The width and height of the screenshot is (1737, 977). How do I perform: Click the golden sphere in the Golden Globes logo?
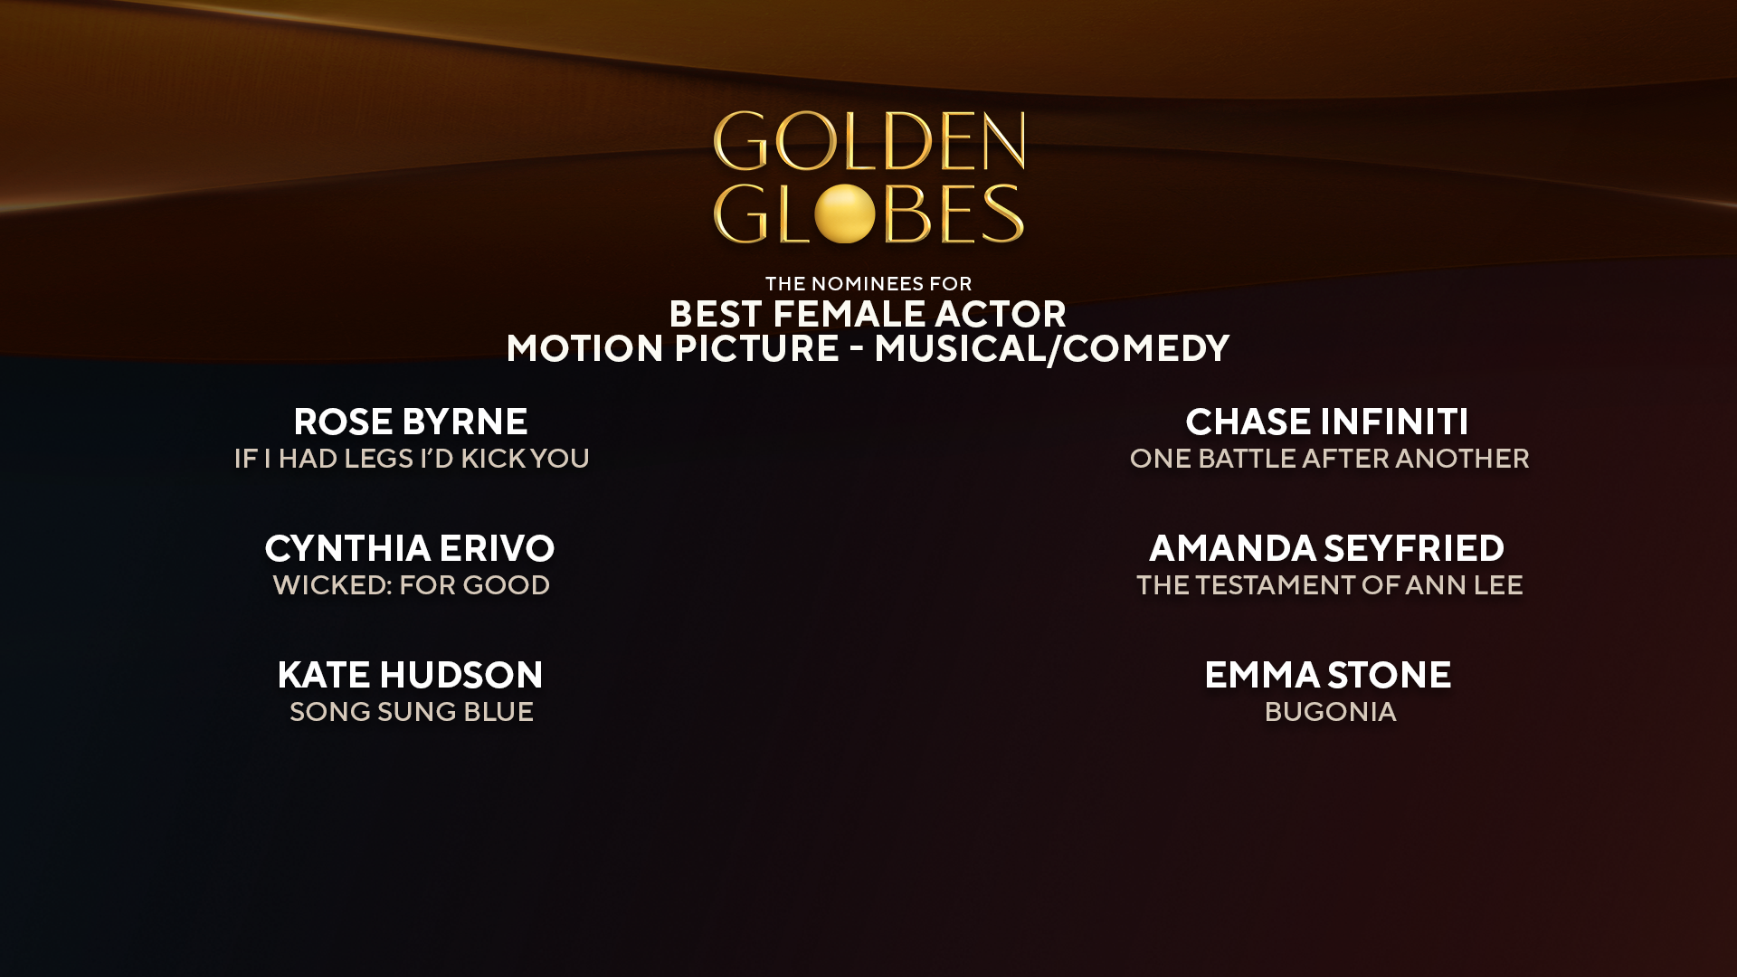(x=844, y=214)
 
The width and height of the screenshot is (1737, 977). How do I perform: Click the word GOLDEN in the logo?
(x=868, y=142)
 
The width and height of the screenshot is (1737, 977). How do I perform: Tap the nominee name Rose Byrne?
(x=411, y=422)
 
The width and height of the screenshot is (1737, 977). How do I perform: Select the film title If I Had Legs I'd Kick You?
(x=412, y=459)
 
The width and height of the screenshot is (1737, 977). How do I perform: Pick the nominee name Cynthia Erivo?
(x=410, y=548)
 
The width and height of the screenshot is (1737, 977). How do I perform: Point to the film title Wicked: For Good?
(x=412, y=585)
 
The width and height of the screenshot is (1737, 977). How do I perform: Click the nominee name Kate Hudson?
(x=410, y=675)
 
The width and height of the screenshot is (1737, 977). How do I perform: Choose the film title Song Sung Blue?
(x=412, y=712)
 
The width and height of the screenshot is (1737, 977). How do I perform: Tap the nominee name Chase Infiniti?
(x=1327, y=422)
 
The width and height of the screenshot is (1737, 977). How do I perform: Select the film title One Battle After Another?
(x=1329, y=459)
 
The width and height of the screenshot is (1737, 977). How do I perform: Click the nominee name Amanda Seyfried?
(x=1327, y=548)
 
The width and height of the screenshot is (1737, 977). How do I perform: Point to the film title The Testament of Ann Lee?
(x=1329, y=585)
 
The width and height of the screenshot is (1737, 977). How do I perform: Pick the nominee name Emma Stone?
(x=1327, y=675)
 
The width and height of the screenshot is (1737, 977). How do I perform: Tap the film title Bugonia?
(x=1330, y=712)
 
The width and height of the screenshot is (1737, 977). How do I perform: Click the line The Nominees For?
(x=868, y=284)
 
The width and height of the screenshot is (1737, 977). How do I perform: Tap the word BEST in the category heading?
(x=715, y=315)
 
